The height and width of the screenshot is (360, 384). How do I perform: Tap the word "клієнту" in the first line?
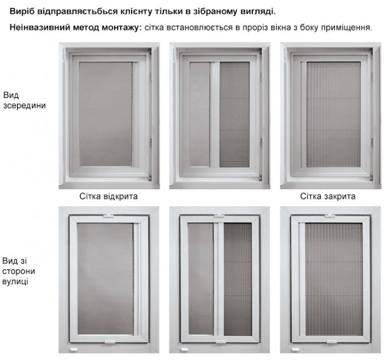pyautogui.click(x=135, y=12)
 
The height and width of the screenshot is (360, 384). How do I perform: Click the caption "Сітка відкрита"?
pyautogui.click(x=109, y=196)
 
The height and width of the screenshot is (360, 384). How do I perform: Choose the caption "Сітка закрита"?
pyautogui.click(x=327, y=196)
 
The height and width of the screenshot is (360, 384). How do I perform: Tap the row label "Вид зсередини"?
pyautogui.click(x=24, y=100)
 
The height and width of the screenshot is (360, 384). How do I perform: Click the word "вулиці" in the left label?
pyautogui.click(x=15, y=281)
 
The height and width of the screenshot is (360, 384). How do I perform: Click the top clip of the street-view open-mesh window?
pyautogui.click(x=108, y=216)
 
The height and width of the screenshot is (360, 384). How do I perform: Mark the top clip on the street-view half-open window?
pyautogui.click(x=219, y=216)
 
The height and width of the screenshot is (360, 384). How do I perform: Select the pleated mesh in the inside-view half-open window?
pyautogui.click(x=234, y=115)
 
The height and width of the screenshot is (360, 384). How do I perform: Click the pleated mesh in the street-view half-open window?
pyautogui.click(x=238, y=279)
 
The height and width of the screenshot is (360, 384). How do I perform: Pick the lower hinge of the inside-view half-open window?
pyautogui.click(x=261, y=143)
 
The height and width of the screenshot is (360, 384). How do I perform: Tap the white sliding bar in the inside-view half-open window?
pyautogui.click(x=214, y=115)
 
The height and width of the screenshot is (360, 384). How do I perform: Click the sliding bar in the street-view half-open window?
pyautogui.click(x=218, y=279)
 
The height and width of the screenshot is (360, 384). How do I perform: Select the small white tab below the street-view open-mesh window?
pyautogui.click(x=73, y=350)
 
